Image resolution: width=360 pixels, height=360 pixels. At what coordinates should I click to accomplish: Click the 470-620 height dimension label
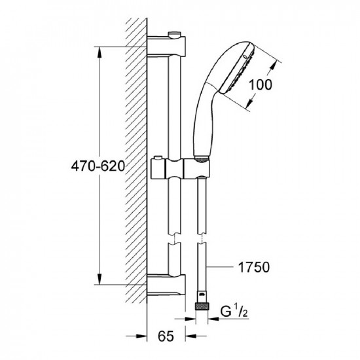pyautogui.click(x=98, y=166)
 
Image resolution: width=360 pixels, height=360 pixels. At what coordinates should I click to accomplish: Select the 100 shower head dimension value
pyautogui.click(x=260, y=84)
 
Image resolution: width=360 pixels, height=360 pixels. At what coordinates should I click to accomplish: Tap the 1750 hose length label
pyautogui.click(x=254, y=267)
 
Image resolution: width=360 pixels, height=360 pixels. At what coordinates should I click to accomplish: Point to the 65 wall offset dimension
pyautogui.click(x=166, y=336)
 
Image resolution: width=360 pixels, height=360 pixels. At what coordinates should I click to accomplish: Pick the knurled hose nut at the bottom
pyautogui.click(x=202, y=306)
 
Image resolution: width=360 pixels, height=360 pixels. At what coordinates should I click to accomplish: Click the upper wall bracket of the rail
pyautogui.click(x=166, y=46)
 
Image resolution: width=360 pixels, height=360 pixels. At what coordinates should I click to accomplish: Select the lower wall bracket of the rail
pyautogui.click(x=166, y=285)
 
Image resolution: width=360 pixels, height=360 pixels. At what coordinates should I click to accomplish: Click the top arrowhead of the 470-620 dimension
pyautogui.click(x=99, y=52)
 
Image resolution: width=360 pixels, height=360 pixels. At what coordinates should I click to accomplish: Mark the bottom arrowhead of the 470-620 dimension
pyautogui.click(x=99, y=279)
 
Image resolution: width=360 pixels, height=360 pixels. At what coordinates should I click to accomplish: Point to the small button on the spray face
pyautogui.click(x=245, y=56)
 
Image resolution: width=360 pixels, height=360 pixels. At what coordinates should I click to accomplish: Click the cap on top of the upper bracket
pyautogui.click(x=175, y=34)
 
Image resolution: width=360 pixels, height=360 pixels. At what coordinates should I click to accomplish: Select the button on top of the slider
pyautogui.click(x=158, y=158)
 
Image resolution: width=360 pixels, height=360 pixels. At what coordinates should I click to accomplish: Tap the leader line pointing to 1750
pyautogui.click(x=219, y=267)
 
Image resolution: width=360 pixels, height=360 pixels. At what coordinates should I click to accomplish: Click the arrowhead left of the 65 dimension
pyautogui.click(x=141, y=336)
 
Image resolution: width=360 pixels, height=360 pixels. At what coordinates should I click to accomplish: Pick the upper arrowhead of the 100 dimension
pyautogui.click(x=272, y=68)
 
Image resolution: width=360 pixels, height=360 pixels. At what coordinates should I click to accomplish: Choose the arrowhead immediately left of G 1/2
pyautogui.click(x=213, y=319)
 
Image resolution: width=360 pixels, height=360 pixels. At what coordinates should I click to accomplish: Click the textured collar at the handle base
pyautogui.click(x=202, y=159)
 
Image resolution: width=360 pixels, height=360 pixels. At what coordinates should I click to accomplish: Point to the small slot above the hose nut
pyautogui.click(x=202, y=295)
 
